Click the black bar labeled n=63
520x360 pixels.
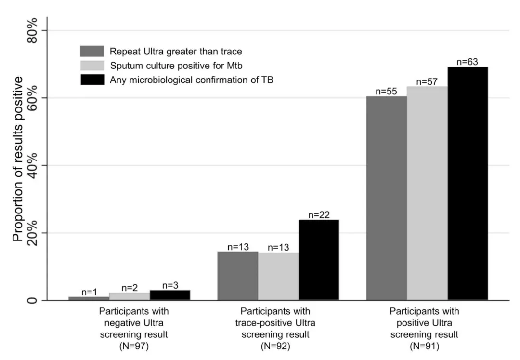(x=468, y=183)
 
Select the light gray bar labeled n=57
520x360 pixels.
(x=427, y=193)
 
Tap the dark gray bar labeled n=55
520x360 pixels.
(x=386, y=198)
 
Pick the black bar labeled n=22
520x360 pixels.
(x=318, y=260)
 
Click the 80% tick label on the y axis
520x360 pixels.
(x=33, y=31)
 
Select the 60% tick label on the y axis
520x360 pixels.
(x=33, y=98)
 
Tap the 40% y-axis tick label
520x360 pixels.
(x=33, y=166)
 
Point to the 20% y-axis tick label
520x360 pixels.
(x=33, y=233)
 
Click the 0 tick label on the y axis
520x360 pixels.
(x=33, y=300)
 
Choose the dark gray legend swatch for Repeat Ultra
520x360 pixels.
(x=92, y=51)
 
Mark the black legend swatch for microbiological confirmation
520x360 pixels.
(x=92, y=80)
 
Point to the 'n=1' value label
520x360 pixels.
(x=89, y=292)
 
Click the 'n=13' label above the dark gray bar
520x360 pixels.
(x=237, y=247)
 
